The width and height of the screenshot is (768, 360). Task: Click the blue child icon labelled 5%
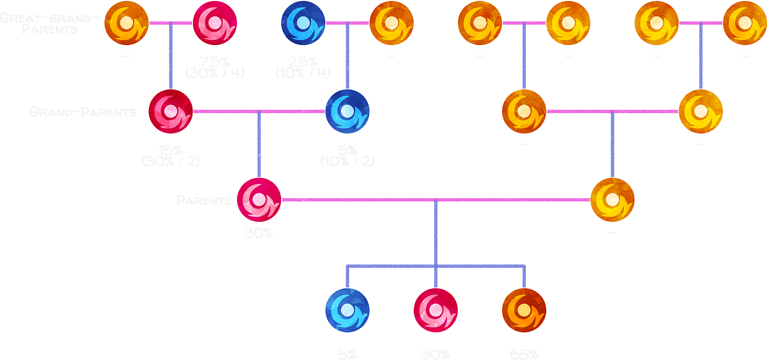click(347, 310)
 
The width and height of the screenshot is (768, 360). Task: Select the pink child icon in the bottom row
click(436, 310)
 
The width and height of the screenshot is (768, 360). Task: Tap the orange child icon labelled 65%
click(524, 310)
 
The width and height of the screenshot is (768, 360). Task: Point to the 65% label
click(524, 354)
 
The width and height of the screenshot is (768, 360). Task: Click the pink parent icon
click(259, 200)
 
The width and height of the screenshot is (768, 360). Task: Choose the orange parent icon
click(612, 200)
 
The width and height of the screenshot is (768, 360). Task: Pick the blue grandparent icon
click(347, 111)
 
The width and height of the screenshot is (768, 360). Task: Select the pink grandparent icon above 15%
click(170, 111)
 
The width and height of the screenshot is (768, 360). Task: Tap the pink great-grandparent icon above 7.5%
click(215, 23)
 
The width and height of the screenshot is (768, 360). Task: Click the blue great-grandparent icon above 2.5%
click(303, 23)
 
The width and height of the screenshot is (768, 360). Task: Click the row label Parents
click(204, 200)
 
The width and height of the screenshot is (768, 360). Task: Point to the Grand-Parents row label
click(82, 112)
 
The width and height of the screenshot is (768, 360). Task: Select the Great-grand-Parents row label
click(49, 24)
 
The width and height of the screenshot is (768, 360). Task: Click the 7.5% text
click(215, 61)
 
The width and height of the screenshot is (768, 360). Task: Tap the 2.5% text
click(303, 61)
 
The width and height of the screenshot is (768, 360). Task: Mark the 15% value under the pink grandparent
click(170, 150)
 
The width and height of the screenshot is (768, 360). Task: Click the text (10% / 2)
click(347, 161)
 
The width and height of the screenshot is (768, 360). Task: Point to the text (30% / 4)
click(215, 73)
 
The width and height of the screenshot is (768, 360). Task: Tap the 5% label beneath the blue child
click(347, 354)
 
